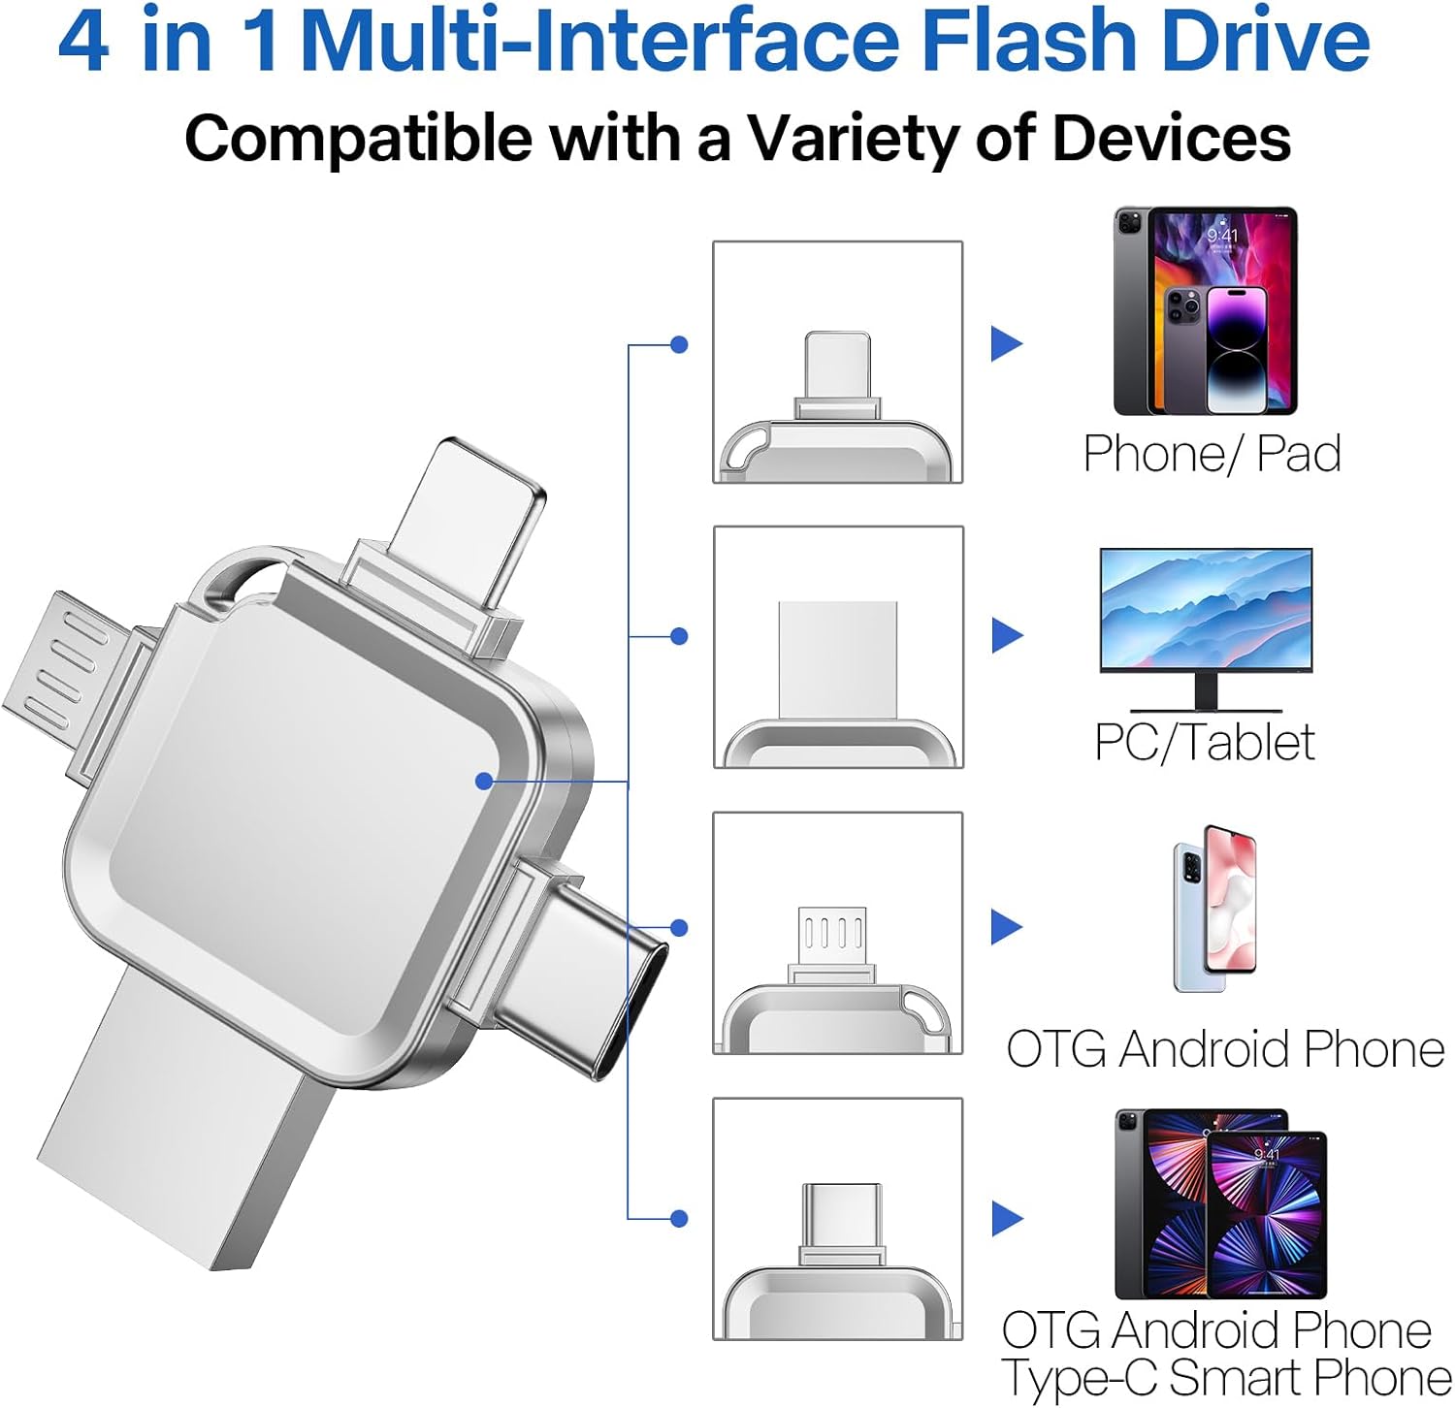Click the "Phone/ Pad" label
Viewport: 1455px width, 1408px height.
pos(1212,453)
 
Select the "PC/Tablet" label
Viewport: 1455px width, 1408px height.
pos(1204,742)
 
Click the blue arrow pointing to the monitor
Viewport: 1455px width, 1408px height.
pos(1007,635)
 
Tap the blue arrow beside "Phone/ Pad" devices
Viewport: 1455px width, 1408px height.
pos(1006,343)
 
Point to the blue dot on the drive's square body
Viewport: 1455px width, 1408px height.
pos(485,781)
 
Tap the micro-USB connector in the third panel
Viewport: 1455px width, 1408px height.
pos(831,936)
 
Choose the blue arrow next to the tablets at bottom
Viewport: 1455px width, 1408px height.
pos(1007,1218)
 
